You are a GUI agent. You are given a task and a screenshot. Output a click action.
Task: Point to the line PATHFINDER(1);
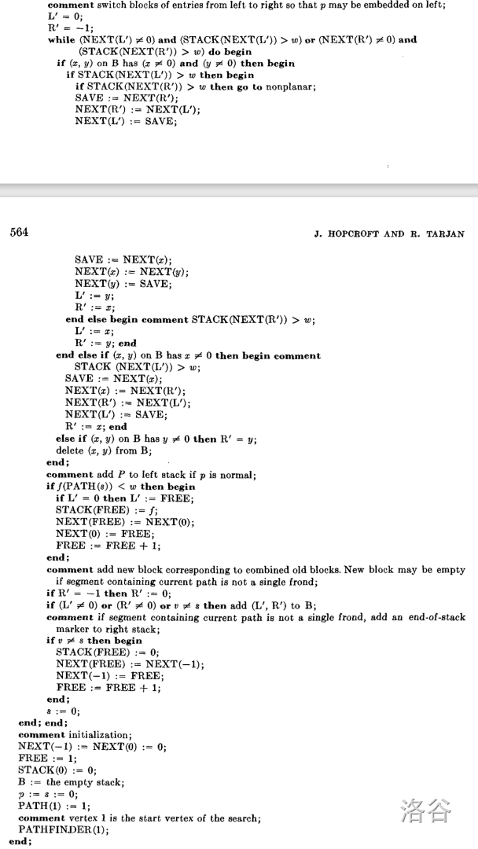(66, 829)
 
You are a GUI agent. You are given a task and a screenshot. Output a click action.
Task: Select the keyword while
(61, 39)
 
